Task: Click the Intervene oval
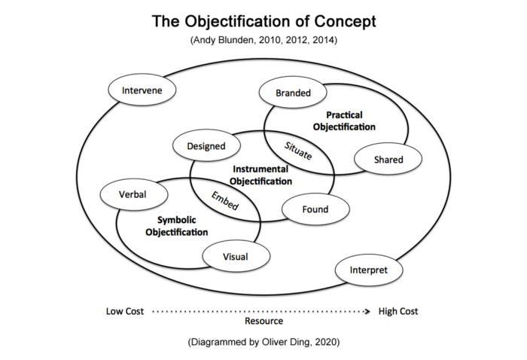click(x=142, y=90)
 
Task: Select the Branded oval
click(x=293, y=93)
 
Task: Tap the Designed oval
click(x=206, y=145)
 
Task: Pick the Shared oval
click(x=388, y=159)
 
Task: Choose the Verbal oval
click(x=134, y=194)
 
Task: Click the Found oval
click(x=315, y=209)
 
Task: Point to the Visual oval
click(x=236, y=257)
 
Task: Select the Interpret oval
click(x=369, y=270)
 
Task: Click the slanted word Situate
click(x=298, y=151)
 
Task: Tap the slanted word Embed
click(x=225, y=200)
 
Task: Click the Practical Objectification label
click(x=344, y=121)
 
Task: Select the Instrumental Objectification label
click(x=260, y=175)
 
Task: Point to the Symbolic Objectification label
click(x=177, y=226)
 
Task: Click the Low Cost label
click(x=125, y=311)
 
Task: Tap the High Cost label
click(x=398, y=311)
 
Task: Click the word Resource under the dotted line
click(x=263, y=321)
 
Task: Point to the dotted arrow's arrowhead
click(x=367, y=312)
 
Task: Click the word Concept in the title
click(x=345, y=22)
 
